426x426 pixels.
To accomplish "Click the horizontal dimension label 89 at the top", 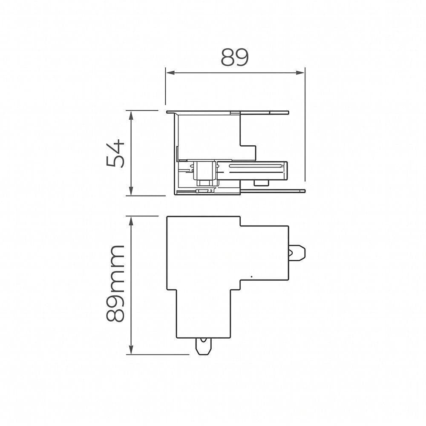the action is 235,57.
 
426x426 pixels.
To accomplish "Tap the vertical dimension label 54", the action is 115,153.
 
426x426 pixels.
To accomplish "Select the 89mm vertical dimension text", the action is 115,283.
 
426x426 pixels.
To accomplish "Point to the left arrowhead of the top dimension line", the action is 170,72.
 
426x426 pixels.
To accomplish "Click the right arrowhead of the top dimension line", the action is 300,72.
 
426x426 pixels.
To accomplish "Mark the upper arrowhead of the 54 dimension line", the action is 131,115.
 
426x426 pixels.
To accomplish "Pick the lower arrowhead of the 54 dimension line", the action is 131,191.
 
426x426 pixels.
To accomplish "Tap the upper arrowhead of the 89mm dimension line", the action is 131,221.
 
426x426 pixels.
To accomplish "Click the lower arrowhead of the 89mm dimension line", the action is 131,350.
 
